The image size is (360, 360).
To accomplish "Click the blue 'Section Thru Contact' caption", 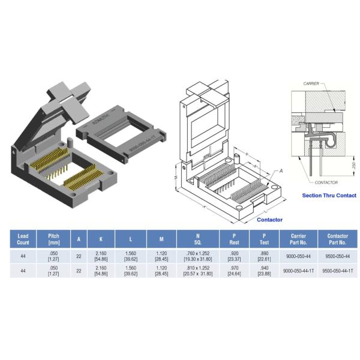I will pos(329,196).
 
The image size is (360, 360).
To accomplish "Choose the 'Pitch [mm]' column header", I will pos(53,238).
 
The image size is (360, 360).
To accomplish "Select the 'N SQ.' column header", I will pos(197,238).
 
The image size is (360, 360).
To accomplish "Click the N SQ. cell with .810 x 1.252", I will pos(197,271).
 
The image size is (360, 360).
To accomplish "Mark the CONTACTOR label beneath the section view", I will pos(326,182).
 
